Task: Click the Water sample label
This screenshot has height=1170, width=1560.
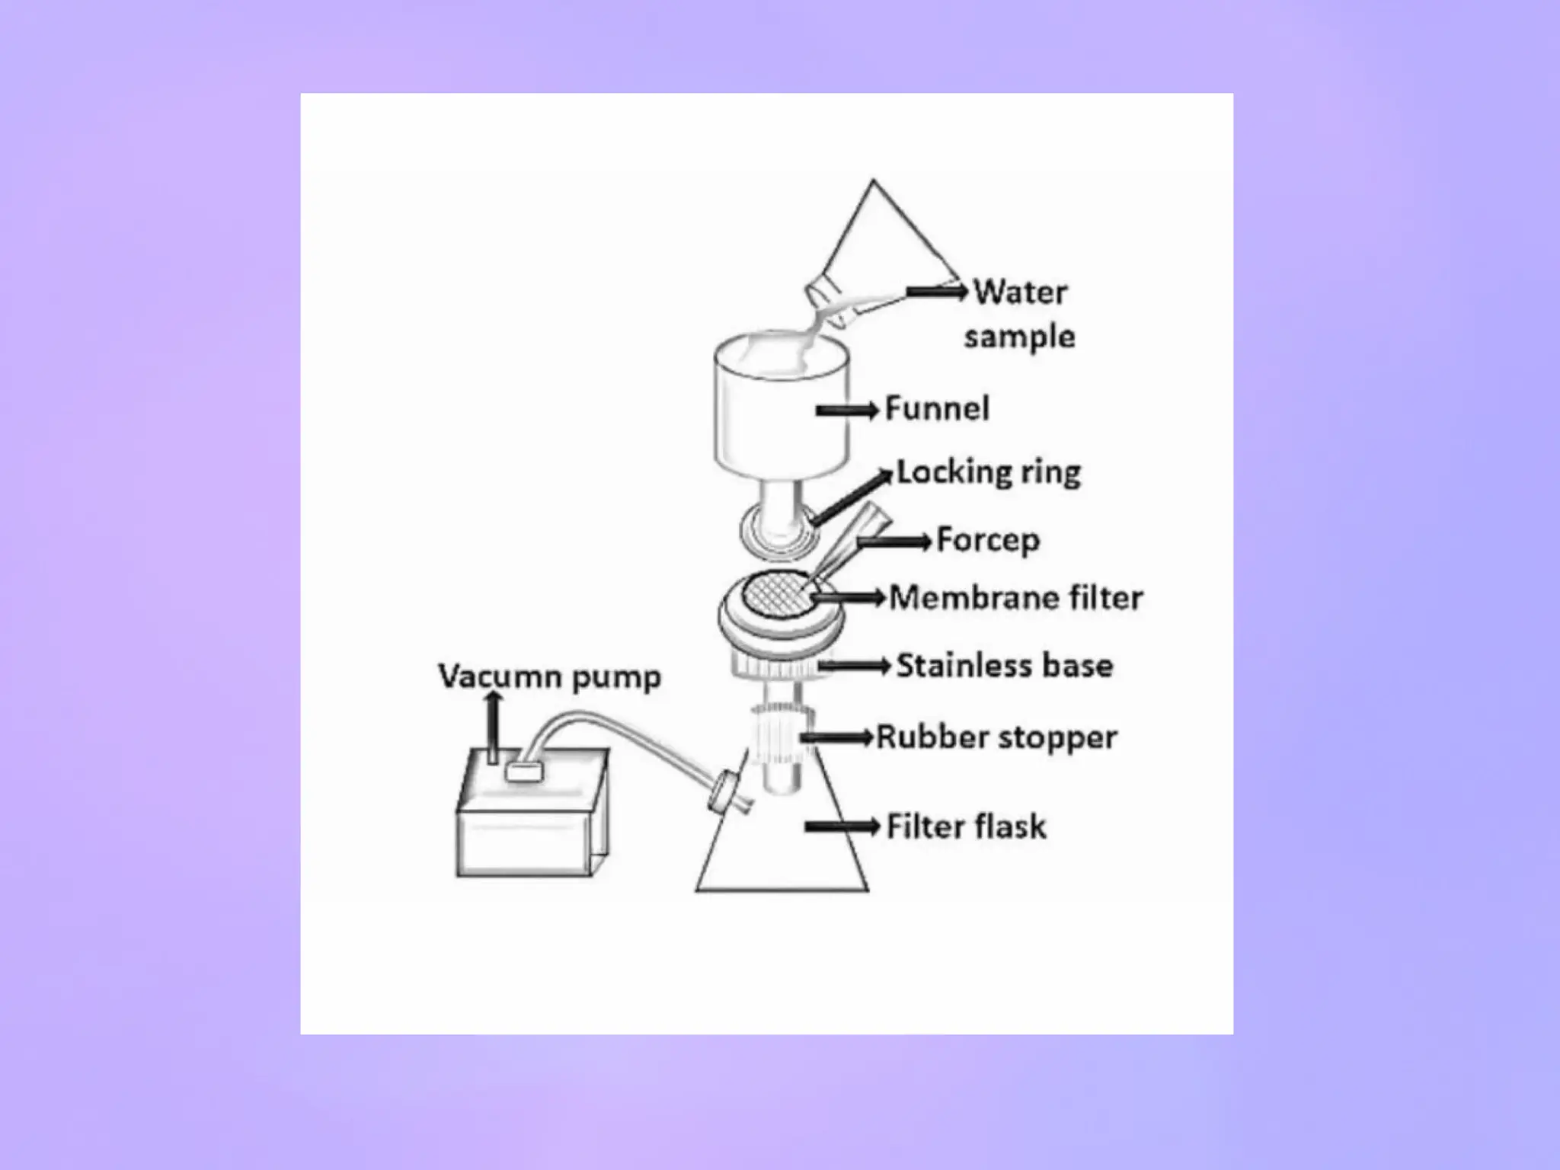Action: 1019,314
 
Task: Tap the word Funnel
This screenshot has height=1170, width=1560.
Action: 937,409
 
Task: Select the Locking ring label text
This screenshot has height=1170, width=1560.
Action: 988,472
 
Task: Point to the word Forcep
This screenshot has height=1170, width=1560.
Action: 987,540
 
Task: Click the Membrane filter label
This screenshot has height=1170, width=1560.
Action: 1015,598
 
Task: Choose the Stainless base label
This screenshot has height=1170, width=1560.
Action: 1004,666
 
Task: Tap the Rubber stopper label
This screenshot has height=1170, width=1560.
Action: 996,737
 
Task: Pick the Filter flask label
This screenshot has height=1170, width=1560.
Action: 966,826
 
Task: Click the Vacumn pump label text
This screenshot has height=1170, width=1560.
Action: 549,676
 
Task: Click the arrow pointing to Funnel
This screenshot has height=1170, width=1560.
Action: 846,411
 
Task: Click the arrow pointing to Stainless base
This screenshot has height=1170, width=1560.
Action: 853,667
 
